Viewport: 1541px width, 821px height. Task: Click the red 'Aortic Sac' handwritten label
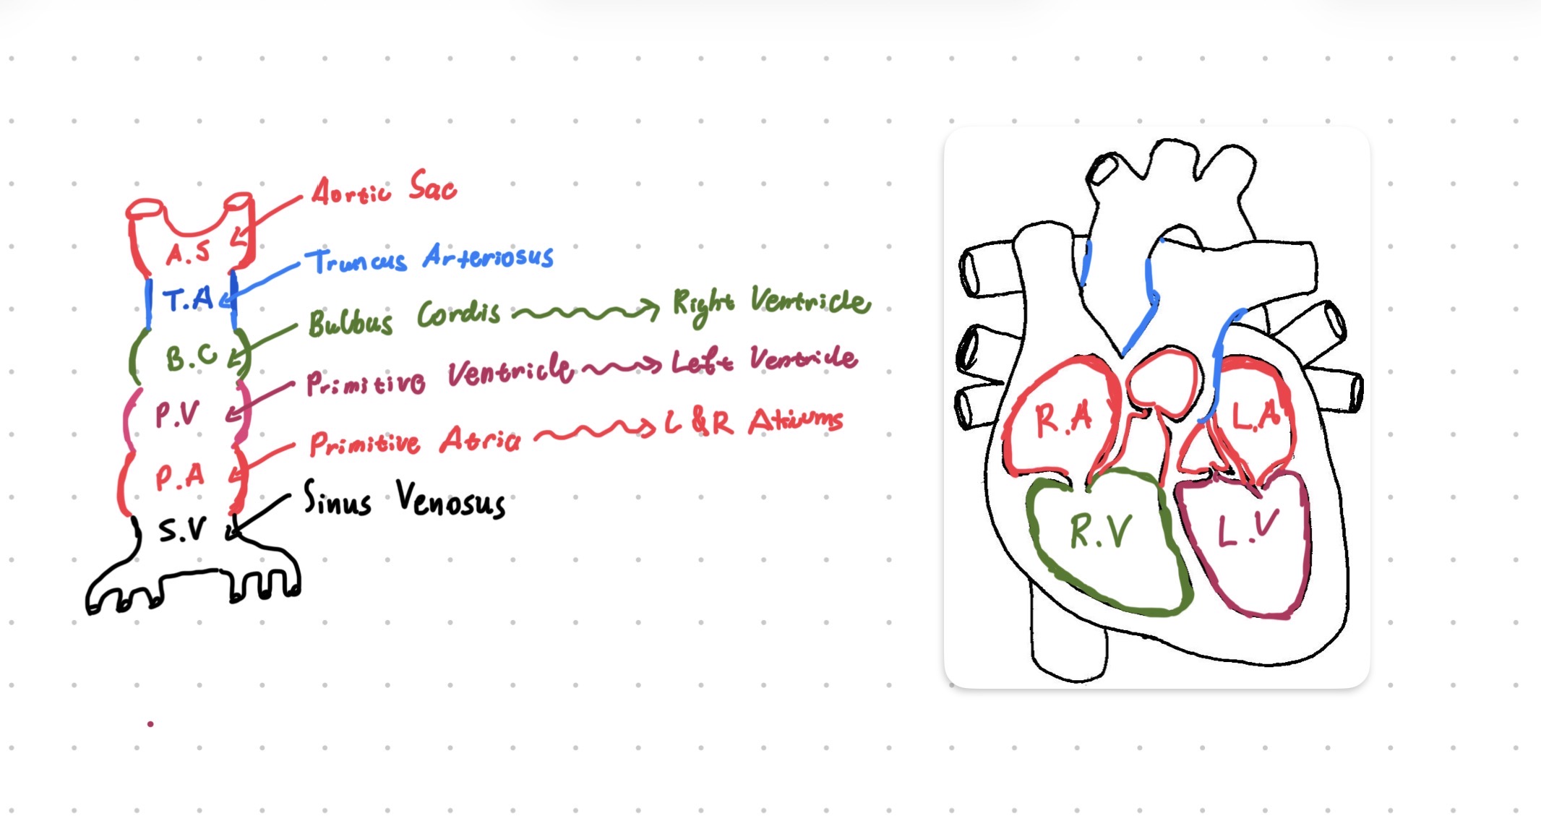pos(384,189)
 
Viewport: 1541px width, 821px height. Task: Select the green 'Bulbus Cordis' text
pos(404,318)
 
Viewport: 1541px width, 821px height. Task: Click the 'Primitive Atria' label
pos(414,441)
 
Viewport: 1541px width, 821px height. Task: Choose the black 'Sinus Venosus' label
pos(404,499)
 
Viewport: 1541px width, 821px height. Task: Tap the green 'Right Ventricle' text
pos(770,304)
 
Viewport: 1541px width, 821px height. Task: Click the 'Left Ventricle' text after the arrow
pos(764,360)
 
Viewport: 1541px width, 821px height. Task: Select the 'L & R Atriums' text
pos(753,422)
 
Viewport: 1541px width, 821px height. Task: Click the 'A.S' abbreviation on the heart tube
pos(188,252)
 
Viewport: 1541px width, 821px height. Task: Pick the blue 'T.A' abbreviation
pos(188,298)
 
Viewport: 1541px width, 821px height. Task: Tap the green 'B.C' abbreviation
pos(190,357)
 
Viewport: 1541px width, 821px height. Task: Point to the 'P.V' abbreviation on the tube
pos(176,414)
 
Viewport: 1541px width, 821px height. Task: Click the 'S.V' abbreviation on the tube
pos(182,530)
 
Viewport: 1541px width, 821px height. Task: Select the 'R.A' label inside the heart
pos(1063,418)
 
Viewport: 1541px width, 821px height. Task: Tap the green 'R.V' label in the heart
pos(1100,532)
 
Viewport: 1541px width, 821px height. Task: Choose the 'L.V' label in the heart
pos(1248,529)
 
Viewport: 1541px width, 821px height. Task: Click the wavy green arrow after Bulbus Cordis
pos(585,312)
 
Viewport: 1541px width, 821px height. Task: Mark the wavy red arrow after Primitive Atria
pos(597,432)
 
